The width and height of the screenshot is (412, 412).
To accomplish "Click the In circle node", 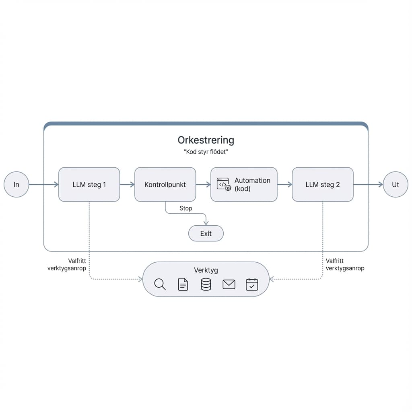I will click(16, 185).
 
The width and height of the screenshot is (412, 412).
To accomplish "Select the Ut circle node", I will click(395, 185).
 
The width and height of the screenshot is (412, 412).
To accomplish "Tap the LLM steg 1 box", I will click(89, 185).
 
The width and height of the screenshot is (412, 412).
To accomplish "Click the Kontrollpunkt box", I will click(165, 185).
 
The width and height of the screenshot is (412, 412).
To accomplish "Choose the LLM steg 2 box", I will click(322, 185).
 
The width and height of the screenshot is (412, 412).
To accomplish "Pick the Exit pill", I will click(206, 233).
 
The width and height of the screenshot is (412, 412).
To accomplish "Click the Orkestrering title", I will click(206, 140).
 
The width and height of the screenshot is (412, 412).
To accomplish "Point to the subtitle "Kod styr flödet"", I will click(206, 152).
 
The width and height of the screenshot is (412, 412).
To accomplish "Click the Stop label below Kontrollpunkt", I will click(185, 208).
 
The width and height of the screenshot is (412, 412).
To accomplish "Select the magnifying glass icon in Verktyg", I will click(160, 284).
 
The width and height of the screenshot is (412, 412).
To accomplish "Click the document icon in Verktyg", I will click(183, 284).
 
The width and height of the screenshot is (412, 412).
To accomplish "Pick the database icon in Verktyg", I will click(206, 284).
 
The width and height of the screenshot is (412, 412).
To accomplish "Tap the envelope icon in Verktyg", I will click(229, 284).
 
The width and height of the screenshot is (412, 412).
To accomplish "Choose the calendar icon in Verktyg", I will click(252, 284).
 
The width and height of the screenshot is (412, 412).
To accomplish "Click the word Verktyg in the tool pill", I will click(206, 270).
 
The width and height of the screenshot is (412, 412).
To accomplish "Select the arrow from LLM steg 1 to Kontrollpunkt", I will click(127, 185).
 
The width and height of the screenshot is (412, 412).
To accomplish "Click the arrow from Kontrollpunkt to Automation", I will click(203, 185).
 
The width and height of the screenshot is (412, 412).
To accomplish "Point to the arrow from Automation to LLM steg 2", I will click(284, 185).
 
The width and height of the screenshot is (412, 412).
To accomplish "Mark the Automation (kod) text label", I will click(252, 184).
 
